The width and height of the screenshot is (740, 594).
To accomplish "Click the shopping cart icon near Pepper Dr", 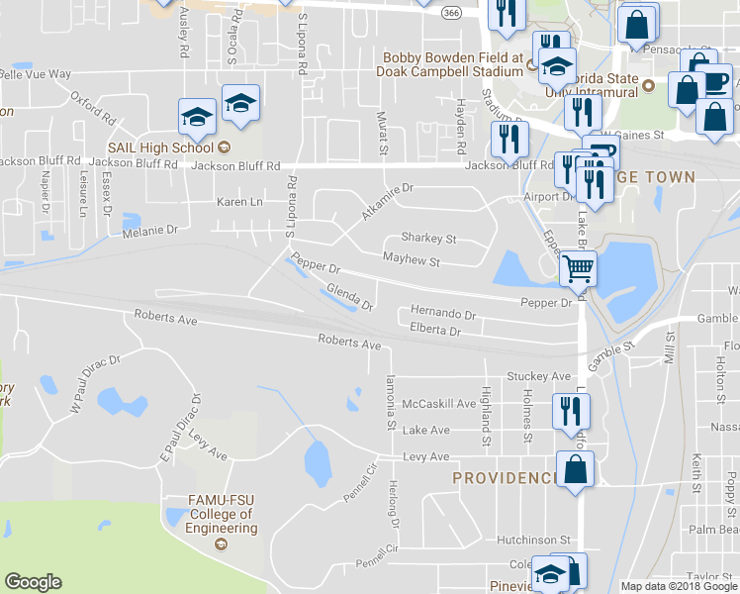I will (x=578, y=267).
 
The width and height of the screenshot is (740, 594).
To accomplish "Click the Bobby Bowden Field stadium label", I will (x=452, y=64).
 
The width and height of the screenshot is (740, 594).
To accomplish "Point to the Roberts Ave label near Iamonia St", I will (x=349, y=344).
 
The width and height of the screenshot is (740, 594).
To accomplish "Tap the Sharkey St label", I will (x=427, y=239).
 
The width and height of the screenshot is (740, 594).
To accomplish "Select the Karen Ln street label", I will (x=239, y=202).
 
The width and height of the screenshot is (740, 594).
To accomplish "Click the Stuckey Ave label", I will (x=538, y=376).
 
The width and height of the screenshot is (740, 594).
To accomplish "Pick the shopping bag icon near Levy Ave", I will (x=576, y=469).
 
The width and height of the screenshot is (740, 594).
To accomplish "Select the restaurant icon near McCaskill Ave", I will (x=570, y=410).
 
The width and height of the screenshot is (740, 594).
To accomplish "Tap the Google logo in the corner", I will (x=33, y=582).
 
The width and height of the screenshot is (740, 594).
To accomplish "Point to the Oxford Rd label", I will (x=94, y=108).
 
